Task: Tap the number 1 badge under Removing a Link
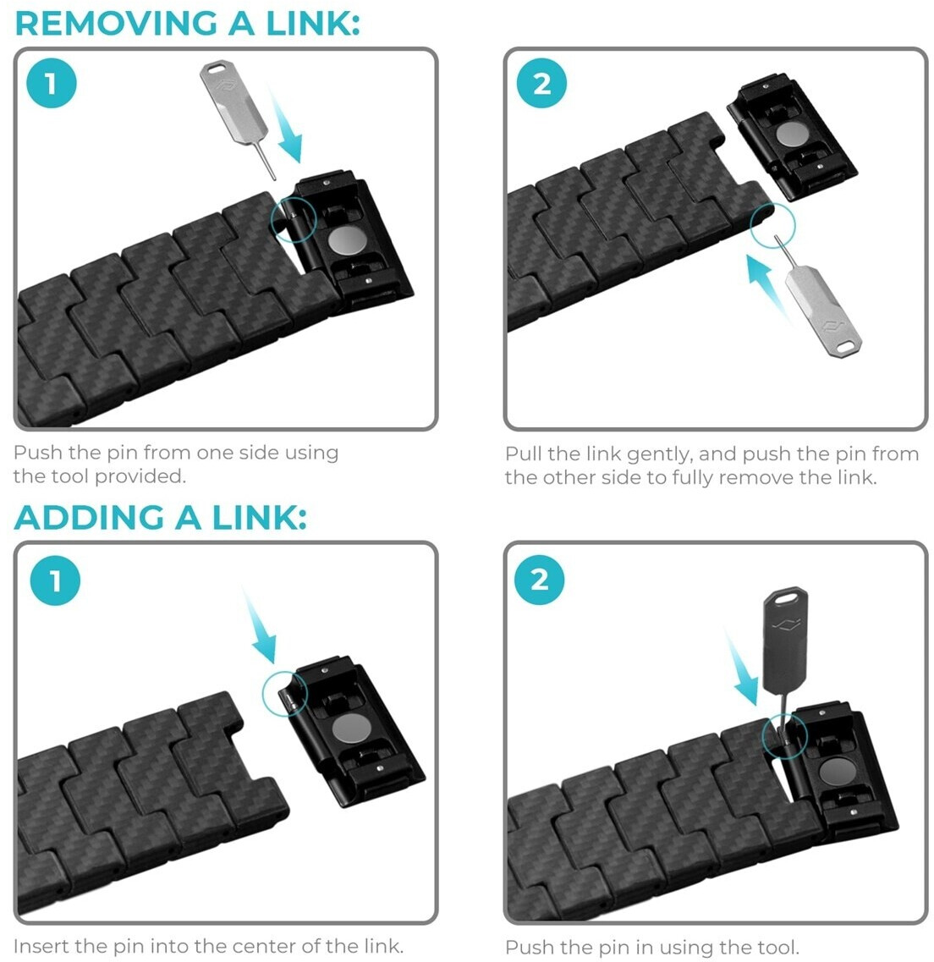point(52,84)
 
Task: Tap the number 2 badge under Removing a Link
point(541,84)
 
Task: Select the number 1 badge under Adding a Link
point(55,580)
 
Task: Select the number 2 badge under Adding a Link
point(540,580)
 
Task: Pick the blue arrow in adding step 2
point(742,668)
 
